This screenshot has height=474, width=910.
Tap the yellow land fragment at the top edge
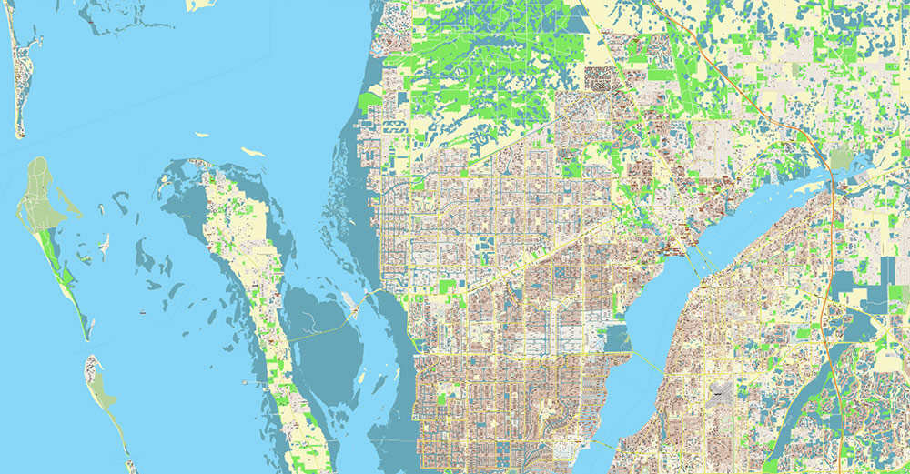point(200,5)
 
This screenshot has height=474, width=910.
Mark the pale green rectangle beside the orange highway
point(840,160)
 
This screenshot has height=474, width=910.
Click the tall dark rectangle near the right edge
point(887,271)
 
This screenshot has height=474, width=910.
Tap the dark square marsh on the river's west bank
point(616,339)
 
